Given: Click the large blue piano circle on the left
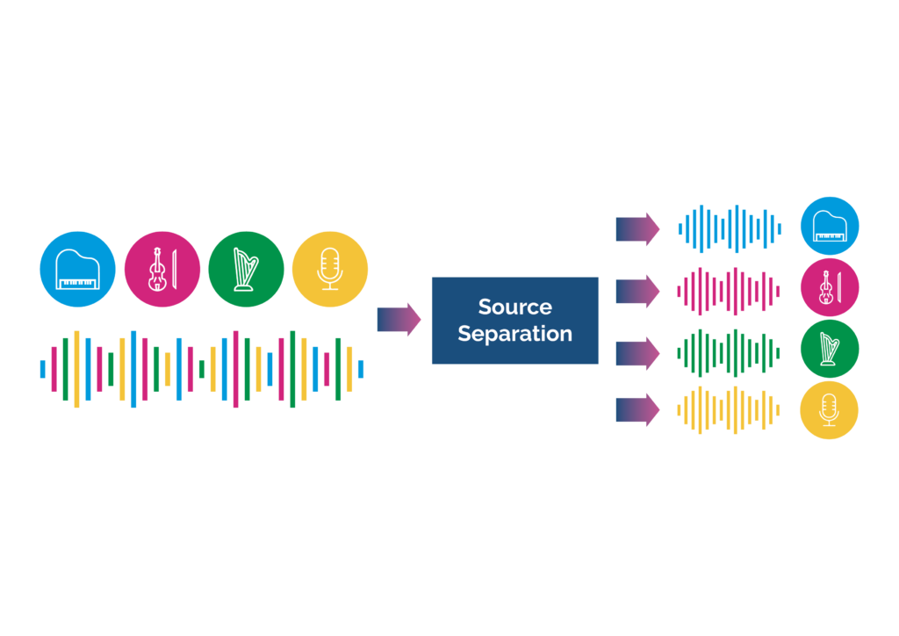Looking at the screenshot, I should tap(77, 269).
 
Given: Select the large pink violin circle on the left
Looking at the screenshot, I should tap(162, 269).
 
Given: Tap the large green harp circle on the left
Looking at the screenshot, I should tap(246, 269).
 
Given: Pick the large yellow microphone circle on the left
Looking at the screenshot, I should tap(330, 269).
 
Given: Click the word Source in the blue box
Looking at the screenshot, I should tap(514, 307).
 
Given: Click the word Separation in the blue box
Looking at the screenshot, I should tap(514, 334).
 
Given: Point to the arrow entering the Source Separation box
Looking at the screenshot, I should tap(399, 320).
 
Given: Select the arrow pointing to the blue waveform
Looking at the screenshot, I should tap(637, 229).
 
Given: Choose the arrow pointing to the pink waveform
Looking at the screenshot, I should tap(637, 291).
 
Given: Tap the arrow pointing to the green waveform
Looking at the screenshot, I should tap(637, 353).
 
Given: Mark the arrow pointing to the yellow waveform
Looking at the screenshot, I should tap(637, 410).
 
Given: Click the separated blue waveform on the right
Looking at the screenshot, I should tap(729, 229).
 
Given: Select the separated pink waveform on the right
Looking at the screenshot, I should tap(729, 291).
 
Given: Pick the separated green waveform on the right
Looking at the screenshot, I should tap(729, 353).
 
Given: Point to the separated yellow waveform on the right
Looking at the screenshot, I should tap(729, 410).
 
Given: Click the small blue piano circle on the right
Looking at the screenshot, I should tap(830, 226).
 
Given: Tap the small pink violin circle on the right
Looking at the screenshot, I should tap(830, 287).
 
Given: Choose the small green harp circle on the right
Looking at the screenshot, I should tap(830, 349).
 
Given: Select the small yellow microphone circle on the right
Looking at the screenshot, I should tap(830, 410).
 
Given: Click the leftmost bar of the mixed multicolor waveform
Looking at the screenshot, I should tap(42, 369).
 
